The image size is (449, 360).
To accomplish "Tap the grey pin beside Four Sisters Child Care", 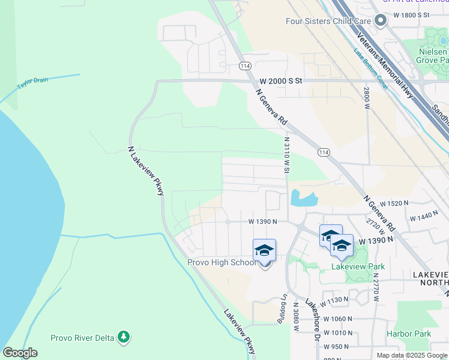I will coord(379,21).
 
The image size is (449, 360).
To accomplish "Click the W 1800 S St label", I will coord(412,14).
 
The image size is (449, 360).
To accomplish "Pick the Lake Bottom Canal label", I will coord(370,70).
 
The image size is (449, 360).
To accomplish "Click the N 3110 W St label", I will coord(287,155).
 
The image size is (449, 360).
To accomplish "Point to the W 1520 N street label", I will coord(394,204).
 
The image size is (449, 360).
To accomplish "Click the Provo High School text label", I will coord(222,262).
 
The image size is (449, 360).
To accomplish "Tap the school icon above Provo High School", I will coord(264,250).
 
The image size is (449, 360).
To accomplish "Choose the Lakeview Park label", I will coord(358,266).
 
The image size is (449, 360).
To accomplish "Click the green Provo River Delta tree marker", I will coord(124,337).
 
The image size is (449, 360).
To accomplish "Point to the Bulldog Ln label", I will coord(281,309).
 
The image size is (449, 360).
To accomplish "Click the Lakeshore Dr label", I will coord(312,320).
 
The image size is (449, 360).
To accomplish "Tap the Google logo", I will coord(20,353).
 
